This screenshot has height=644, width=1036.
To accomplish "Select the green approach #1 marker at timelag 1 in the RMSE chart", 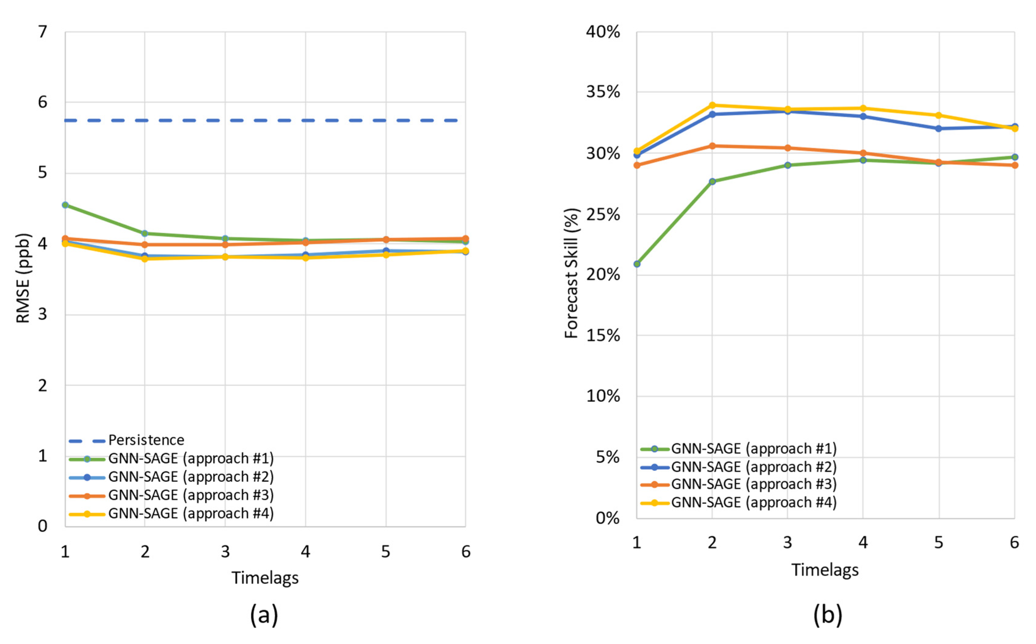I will [65, 205].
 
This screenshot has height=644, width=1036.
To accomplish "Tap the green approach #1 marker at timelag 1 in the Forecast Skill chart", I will [637, 264].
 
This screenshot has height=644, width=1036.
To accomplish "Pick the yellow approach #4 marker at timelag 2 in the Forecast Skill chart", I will [712, 105].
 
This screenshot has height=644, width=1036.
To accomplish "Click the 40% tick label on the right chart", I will [602, 32].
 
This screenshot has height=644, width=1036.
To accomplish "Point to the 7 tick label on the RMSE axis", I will [42, 32].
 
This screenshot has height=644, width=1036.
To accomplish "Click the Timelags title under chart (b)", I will [825, 570].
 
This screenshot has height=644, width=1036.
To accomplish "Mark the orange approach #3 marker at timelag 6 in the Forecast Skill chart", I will [1015, 165].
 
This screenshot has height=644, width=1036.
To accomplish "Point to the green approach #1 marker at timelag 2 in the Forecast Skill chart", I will [712, 181].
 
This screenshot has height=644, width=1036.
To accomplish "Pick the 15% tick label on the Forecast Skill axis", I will [602, 336].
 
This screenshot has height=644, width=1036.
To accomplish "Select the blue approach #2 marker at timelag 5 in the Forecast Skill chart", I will [939, 128].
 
